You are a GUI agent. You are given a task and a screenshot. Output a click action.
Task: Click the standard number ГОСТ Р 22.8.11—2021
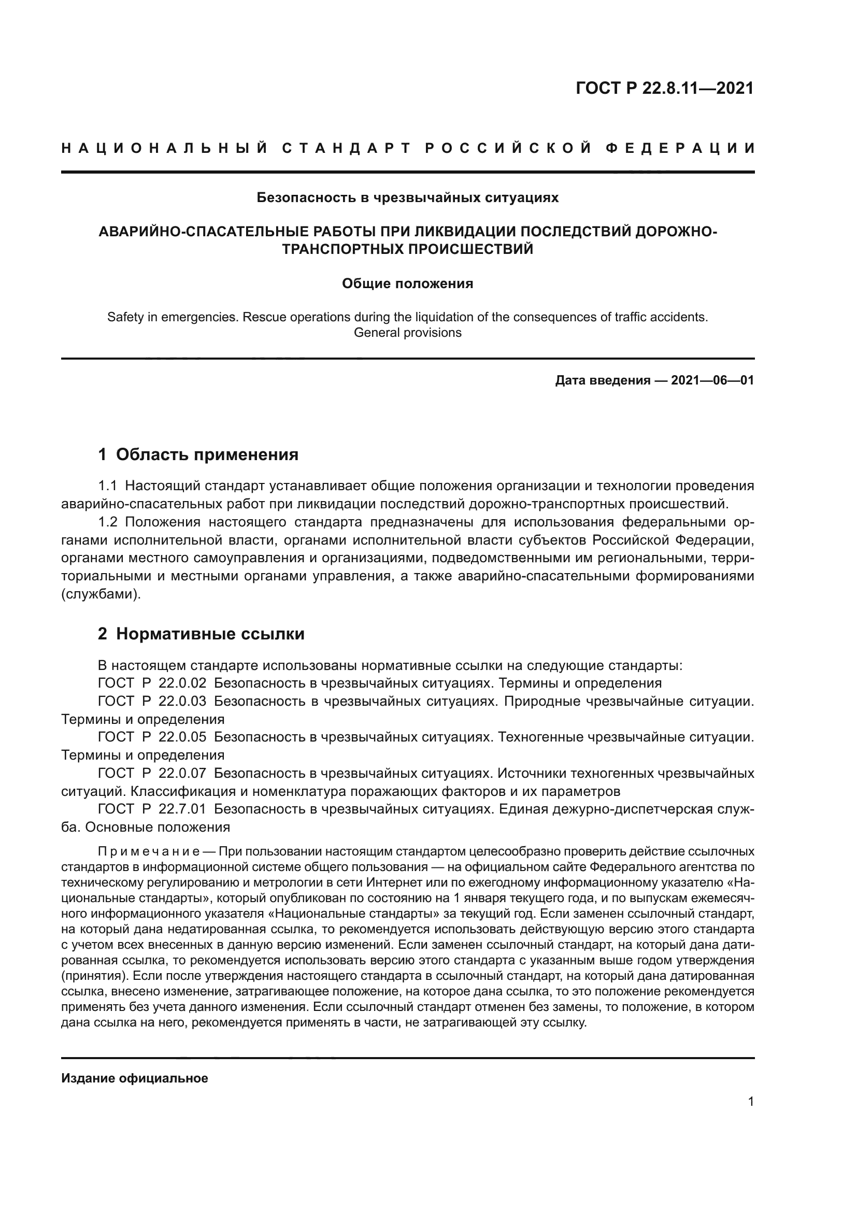click(664, 88)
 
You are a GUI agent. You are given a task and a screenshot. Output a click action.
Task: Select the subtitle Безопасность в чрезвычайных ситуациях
click(407, 197)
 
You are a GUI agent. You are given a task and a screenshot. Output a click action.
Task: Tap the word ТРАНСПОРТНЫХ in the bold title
click(342, 249)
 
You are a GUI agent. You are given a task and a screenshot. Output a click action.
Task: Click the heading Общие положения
click(407, 283)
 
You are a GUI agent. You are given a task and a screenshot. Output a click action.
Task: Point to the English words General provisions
click(407, 333)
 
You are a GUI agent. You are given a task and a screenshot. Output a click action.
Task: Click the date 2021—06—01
click(712, 380)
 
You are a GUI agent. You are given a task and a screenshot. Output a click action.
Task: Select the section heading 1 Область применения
click(198, 454)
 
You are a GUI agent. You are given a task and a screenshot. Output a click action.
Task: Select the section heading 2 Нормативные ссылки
click(201, 633)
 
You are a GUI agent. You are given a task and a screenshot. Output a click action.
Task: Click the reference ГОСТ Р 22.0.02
click(152, 683)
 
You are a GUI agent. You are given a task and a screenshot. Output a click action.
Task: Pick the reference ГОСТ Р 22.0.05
click(152, 737)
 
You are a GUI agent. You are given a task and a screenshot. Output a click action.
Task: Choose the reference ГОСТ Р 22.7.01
click(152, 809)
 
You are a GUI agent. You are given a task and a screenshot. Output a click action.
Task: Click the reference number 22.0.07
click(182, 773)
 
